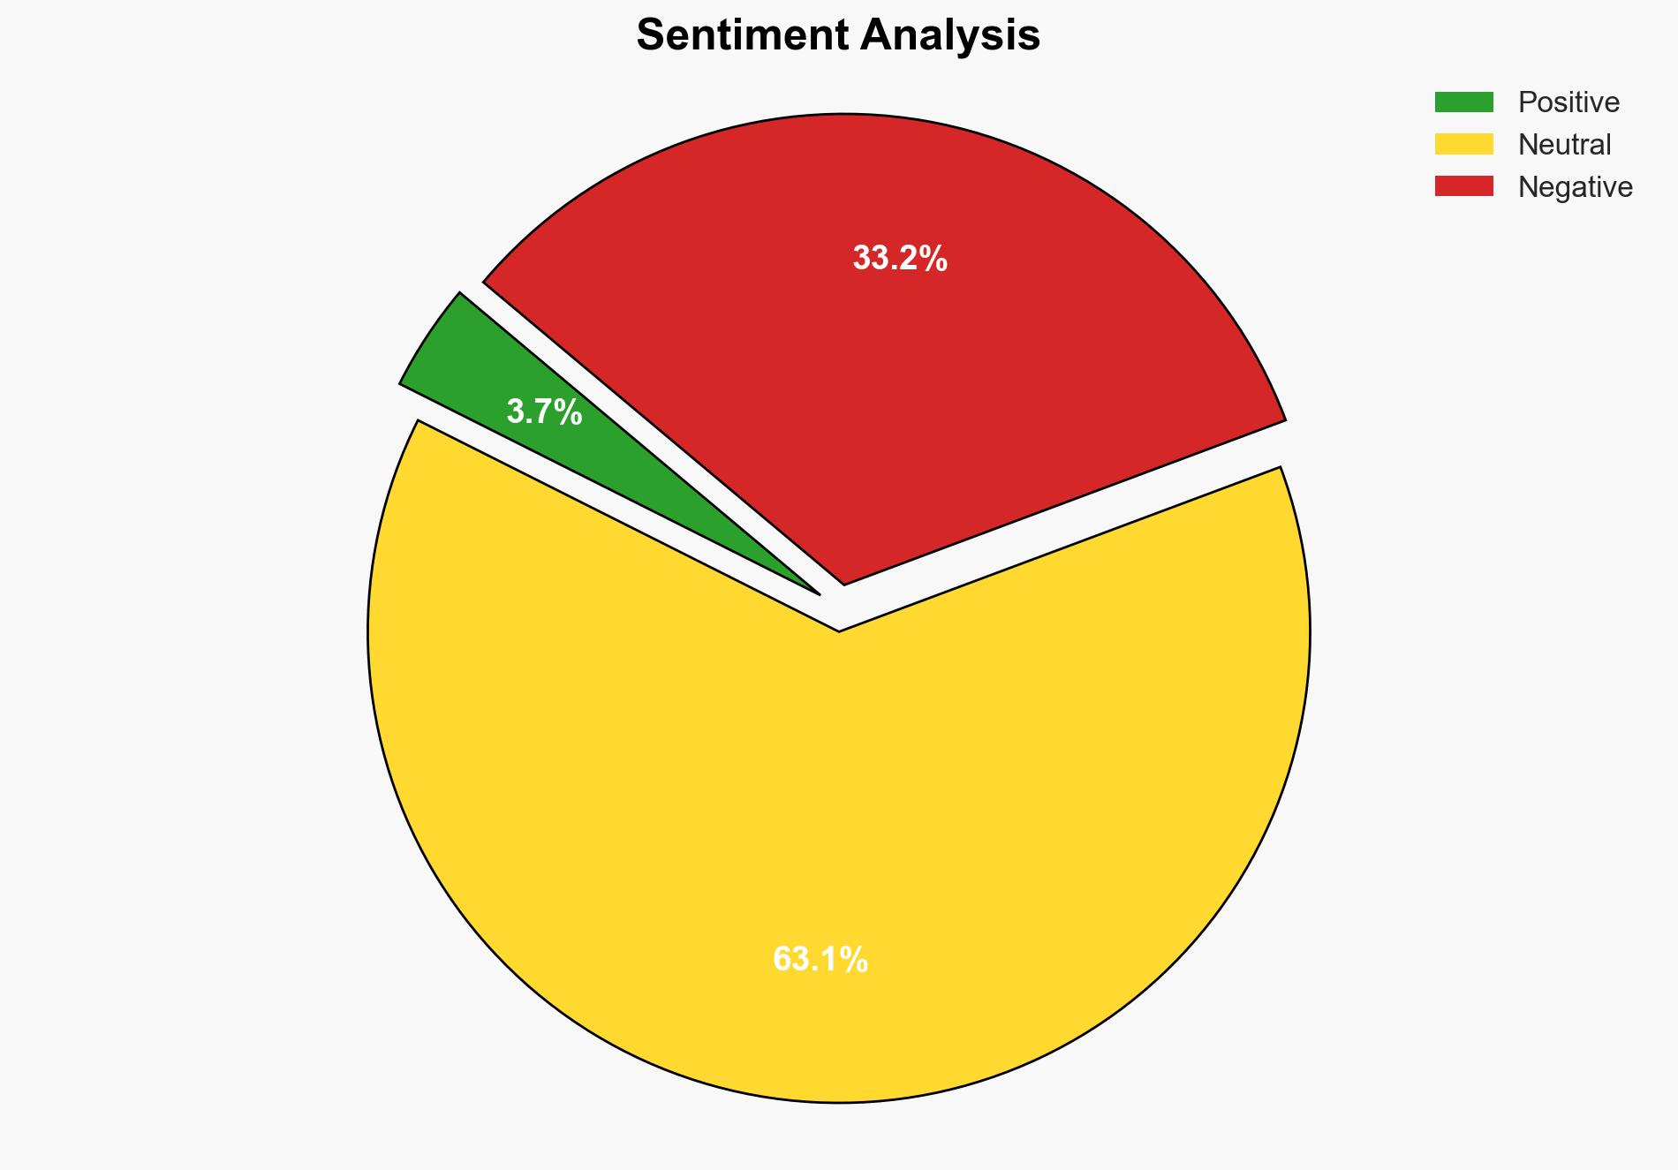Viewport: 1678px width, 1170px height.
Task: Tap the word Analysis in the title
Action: tap(950, 36)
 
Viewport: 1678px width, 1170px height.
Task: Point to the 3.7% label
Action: tap(544, 412)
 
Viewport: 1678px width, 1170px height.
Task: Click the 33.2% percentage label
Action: tap(899, 259)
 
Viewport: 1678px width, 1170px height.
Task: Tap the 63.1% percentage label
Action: tap(820, 960)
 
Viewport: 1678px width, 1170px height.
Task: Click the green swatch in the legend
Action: tap(1463, 102)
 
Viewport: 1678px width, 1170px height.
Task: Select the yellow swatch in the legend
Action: tap(1463, 144)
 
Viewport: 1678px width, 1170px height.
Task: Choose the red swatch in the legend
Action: tap(1463, 186)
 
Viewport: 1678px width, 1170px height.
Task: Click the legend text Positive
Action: tap(1568, 102)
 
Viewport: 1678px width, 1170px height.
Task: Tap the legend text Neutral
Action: tap(1564, 145)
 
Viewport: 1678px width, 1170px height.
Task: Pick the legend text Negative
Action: tap(1575, 187)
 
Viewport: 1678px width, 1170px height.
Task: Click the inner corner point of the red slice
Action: tap(844, 583)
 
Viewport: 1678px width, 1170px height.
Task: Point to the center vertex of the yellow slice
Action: tap(838, 630)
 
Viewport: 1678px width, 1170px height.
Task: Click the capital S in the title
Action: tap(651, 36)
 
